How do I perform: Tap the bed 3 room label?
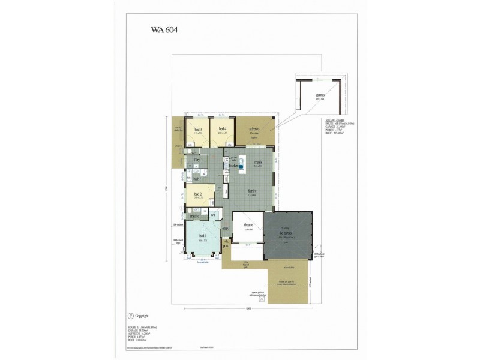(x=197, y=129)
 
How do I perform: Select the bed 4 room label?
(x=221, y=129)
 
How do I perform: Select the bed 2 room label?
(x=197, y=194)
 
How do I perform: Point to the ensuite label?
(x=195, y=214)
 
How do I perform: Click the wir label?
(x=212, y=214)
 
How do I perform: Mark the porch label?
(x=227, y=245)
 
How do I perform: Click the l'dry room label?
(x=196, y=160)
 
